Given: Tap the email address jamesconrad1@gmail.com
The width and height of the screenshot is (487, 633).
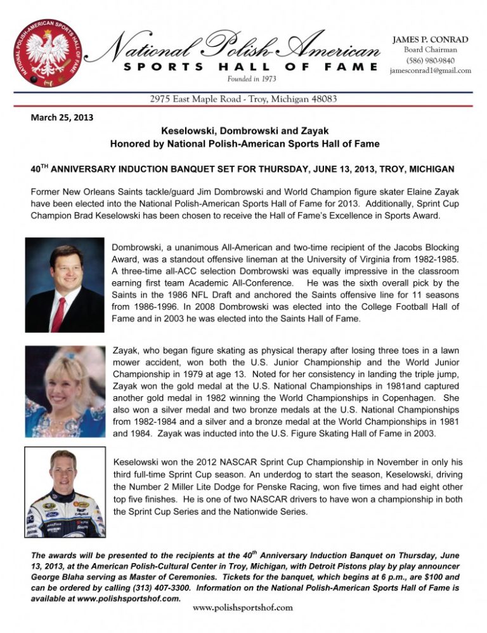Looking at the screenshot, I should pos(431,71).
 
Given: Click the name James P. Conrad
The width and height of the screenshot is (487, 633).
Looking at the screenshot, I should pos(431,39).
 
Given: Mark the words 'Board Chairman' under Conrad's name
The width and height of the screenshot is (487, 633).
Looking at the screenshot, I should pos(431,50).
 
